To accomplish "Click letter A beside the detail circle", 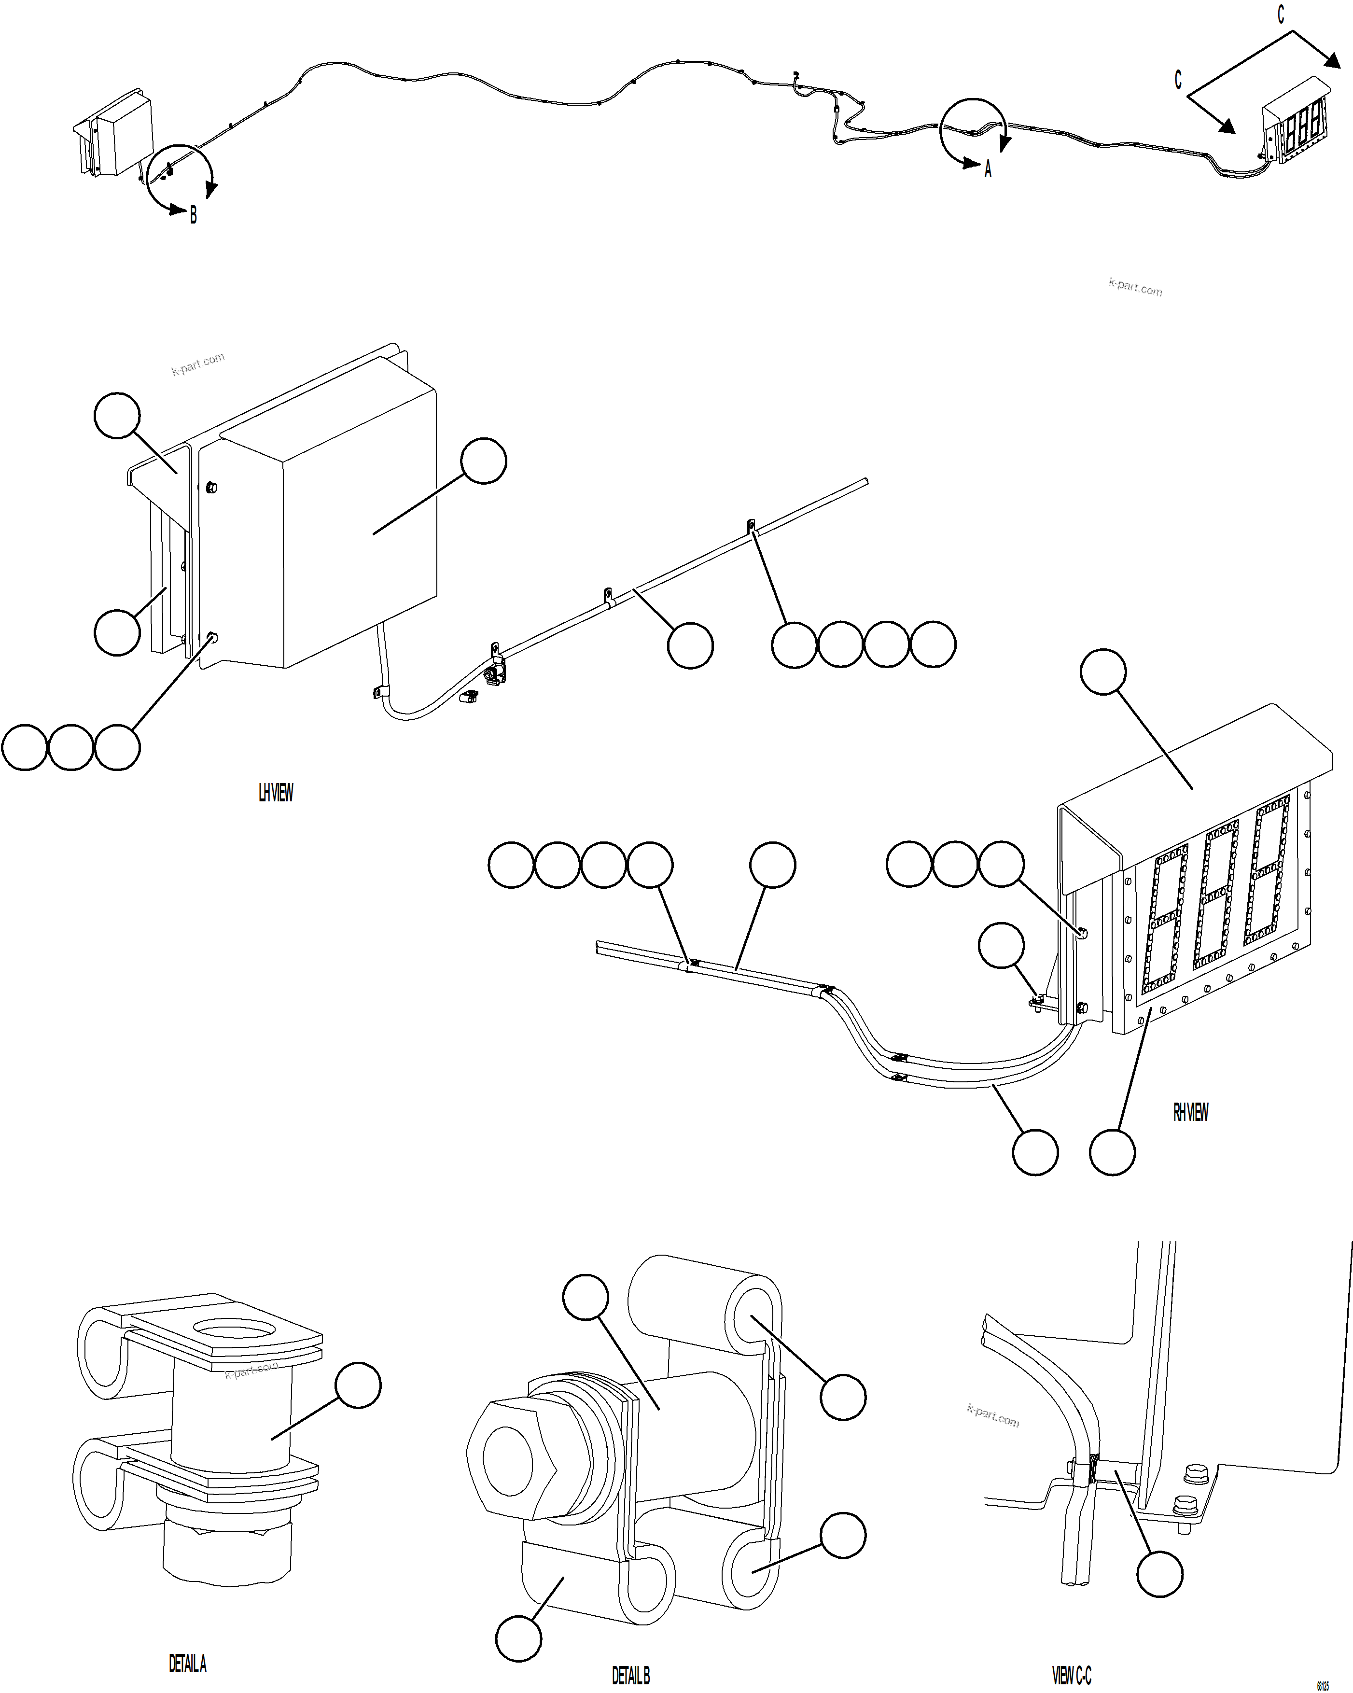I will tap(988, 169).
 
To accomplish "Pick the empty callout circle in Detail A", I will tap(358, 1386).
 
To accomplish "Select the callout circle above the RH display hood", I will tap(1103, 672).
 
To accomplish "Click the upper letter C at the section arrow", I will tap(1281, 15).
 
